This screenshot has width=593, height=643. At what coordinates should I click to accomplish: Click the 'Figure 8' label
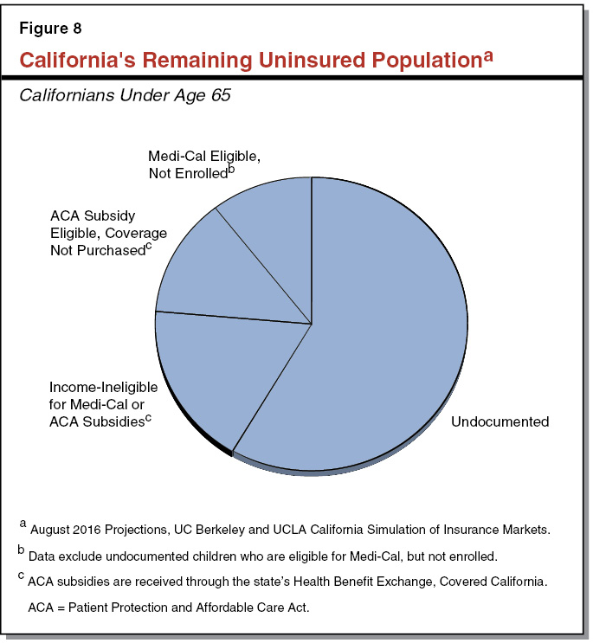pyautogui.click(x=50, y=29)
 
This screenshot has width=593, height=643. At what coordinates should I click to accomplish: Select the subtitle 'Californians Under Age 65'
pyautogui.click(x=125, y=95)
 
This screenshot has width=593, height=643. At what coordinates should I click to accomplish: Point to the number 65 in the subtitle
pyautogui.click(x=220, y=95)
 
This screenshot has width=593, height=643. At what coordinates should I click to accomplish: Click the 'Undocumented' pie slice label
pyautogui.click(x=500, y=421)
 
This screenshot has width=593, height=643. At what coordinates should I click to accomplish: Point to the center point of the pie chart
pyautogui.click(x=312, y=325)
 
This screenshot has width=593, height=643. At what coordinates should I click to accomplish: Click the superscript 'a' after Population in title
pyautogui.click(x=488, y=55)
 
